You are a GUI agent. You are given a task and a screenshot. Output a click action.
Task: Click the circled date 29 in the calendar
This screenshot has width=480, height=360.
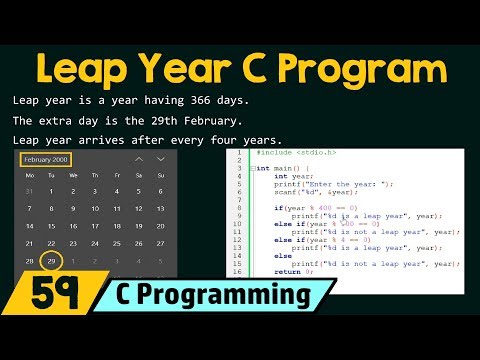(50, 260)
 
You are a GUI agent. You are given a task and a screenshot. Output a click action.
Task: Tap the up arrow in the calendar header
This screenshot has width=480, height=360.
(139, 159)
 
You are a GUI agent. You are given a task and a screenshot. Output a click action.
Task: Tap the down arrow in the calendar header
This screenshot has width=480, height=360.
(164, 159)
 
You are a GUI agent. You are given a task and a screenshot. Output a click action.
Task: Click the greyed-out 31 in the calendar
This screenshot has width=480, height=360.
(28, 191)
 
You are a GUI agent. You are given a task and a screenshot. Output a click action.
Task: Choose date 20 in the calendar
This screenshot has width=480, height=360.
(164, 226)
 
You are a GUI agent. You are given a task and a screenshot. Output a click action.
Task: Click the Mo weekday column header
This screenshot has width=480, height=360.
(28, 175)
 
